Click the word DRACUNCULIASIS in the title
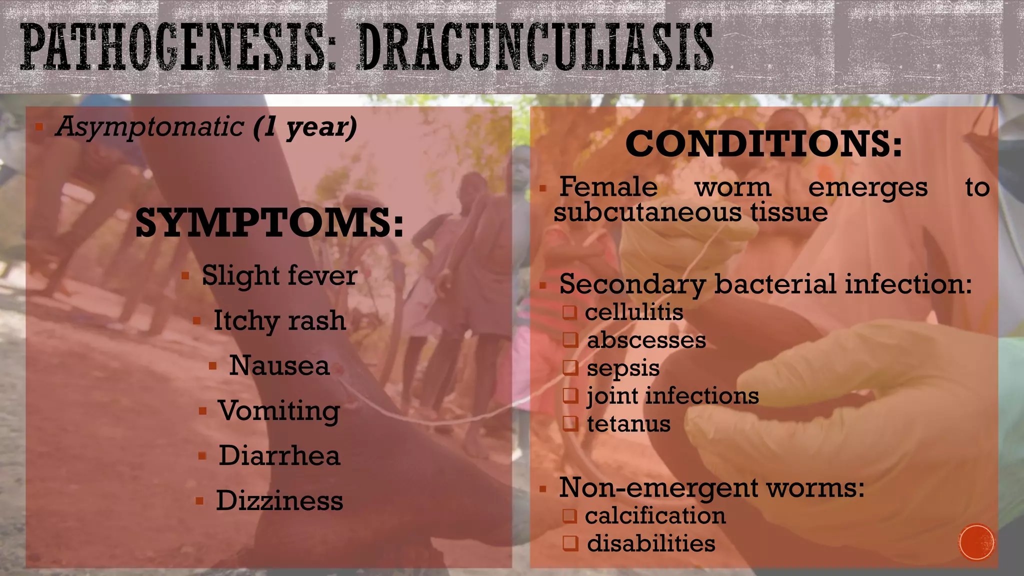[535, 47]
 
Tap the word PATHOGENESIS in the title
[173, 47]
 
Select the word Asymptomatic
[149, 126]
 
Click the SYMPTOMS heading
[269, 223]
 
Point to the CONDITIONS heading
[763, 143]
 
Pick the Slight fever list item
[279, 275]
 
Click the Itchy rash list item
[279, 320]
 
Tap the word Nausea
[279, 365]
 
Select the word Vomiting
[279, 411]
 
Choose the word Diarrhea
[279, 456]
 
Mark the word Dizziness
[279, 501]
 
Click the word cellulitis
[634, 312]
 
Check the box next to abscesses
[570, 340]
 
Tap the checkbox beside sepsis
[570, 368]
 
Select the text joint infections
[673, 396]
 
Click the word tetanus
[628, 424]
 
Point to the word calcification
[655, 516]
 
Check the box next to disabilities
[570, 543]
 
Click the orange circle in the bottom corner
[976, 542]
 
